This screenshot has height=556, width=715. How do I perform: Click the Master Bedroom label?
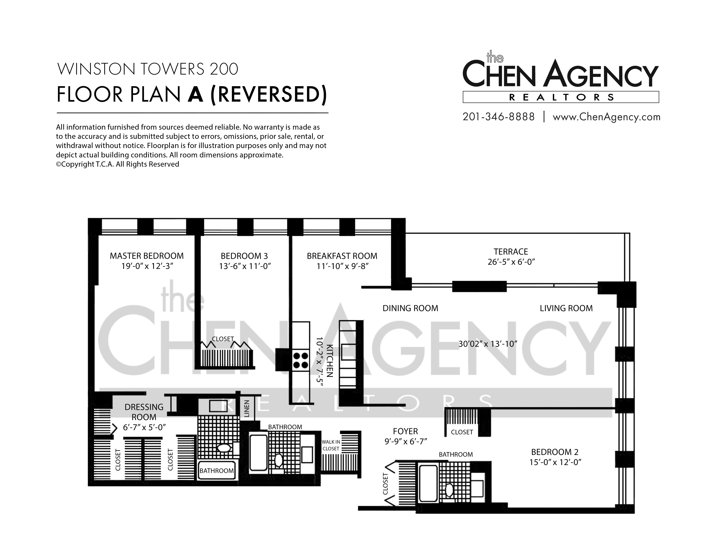click(147, 256)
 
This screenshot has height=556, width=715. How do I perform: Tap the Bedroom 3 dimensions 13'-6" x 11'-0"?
click(245, 266)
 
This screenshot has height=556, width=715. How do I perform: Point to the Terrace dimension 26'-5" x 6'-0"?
click(511, 262)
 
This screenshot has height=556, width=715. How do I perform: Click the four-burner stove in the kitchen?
click(300, 360)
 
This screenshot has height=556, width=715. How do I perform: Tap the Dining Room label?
click(410, 308)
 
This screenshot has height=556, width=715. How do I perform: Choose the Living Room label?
click(566, 308)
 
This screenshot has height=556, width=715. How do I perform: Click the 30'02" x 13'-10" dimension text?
click(487, 344)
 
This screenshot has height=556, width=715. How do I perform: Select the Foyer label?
click(405, 431)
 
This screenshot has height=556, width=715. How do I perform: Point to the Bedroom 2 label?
click(555, 452)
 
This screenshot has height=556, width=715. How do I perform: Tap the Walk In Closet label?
click(331, 445)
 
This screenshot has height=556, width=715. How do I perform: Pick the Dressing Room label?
click(144, 412)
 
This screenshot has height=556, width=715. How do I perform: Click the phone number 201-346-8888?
click(499, 117)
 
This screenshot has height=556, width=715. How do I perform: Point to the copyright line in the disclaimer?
click(118, 164)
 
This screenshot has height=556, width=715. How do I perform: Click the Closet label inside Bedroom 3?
click(223, 339)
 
